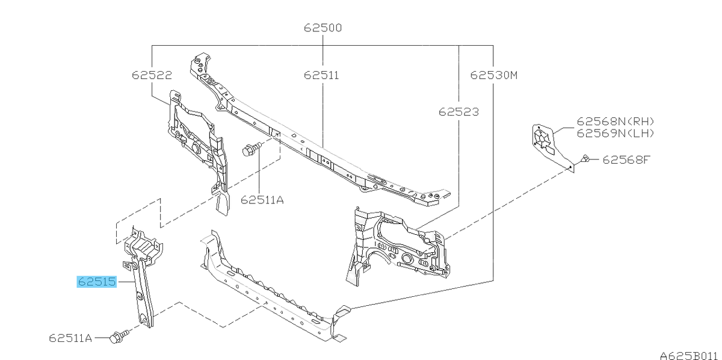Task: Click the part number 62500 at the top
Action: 322,28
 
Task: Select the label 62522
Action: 152,75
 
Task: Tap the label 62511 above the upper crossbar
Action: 321,75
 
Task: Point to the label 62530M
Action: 494,75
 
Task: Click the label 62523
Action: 458,112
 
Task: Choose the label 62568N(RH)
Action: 616,122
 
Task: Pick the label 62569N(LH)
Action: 616,133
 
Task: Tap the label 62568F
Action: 626,160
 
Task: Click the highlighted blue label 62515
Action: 97,282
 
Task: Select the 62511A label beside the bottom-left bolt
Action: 70,338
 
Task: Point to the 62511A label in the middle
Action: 262,200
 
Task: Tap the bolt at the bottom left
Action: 119,336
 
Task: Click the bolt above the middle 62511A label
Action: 251,149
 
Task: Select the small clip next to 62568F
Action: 585,159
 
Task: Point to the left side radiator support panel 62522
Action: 197,152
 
